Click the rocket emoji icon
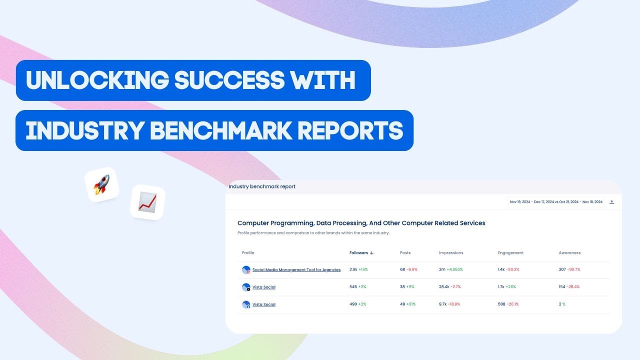[x=101, y=185]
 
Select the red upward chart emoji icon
[x=147, y=202]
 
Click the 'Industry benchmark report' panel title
[x=262, y=186]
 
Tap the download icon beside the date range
[x=612, y=202]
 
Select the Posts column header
[x=405, y=253]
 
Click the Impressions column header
[x=451, y=253]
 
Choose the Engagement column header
[x=510, y=253]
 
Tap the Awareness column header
[x=569, y=253]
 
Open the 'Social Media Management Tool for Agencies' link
[x=296, y=270]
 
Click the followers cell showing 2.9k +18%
[x=358, y=269]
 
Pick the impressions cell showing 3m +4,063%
[x=450, y=269]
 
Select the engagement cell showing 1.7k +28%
[x=507, y=287]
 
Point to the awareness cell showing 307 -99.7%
[x=569, y=269]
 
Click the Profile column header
[x=248, y=253]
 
